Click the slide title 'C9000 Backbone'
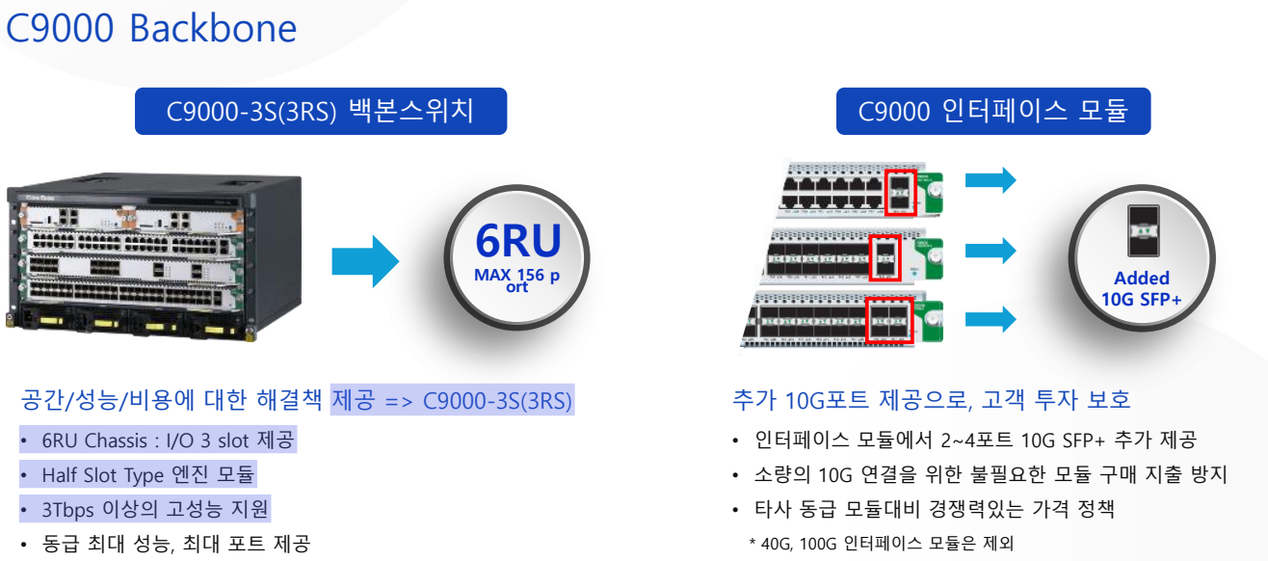(x=151, y=29)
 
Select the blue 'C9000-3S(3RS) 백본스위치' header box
(x=320, y=111)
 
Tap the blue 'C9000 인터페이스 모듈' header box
(x=992, y=111)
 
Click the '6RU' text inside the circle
(x=517, y=239)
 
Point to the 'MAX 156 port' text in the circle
(x=517, y=280)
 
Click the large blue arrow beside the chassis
(x=365, y=260)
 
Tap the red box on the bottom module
(x=888, y=319)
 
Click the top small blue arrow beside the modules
(x=991, y=179)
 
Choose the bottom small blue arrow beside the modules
(x=991, y=319)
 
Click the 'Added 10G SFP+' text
(x=1142, y=288)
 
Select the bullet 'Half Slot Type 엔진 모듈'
(x=148, y=475)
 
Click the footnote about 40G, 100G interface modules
(x=881, y=544)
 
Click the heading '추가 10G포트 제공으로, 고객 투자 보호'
(x=932, y=399)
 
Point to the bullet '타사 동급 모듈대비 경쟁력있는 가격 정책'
(x=935, y=509)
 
